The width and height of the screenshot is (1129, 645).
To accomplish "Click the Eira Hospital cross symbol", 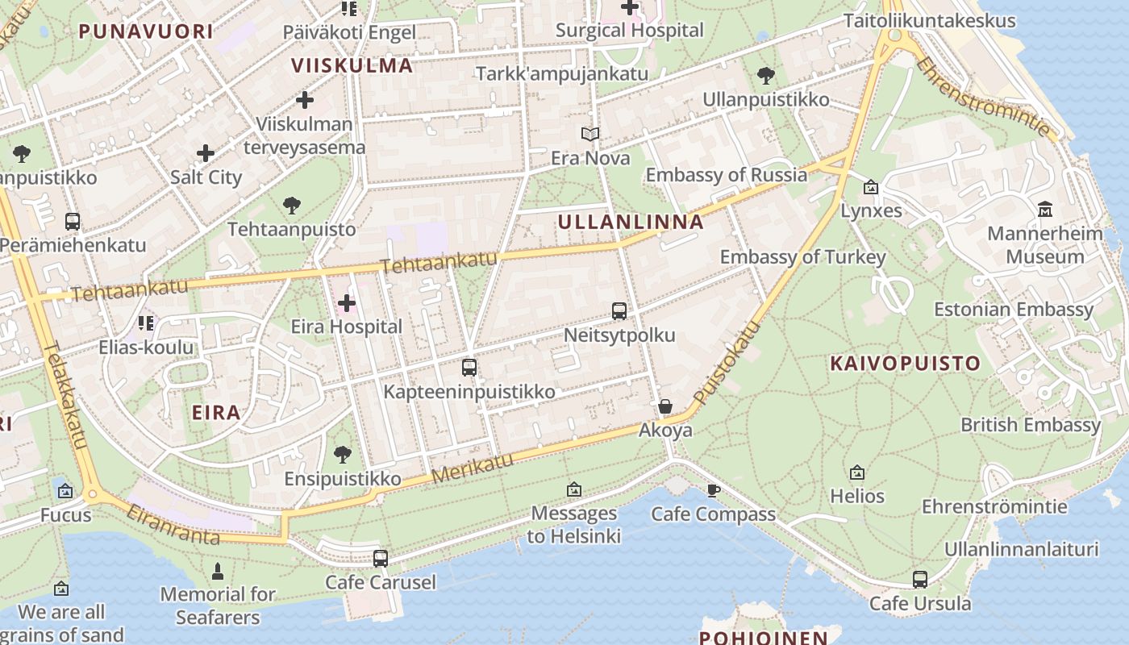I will (347, 304).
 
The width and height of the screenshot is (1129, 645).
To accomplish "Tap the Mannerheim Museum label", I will (1045, 245).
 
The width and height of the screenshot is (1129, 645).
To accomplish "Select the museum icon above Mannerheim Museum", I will (1045, 210).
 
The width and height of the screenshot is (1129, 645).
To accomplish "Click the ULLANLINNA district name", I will (631, 223).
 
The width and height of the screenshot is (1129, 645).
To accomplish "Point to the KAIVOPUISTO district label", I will (905, 364).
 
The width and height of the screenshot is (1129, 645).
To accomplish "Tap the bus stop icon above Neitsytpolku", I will (619, 311).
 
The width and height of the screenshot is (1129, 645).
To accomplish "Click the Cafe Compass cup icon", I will (713, 490).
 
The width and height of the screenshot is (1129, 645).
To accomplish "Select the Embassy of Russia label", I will (726, 175).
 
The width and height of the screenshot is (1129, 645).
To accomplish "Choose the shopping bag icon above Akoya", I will (665, 406).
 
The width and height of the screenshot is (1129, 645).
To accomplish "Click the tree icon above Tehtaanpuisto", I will (291, 206).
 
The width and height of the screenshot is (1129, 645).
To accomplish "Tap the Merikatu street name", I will (473, 468).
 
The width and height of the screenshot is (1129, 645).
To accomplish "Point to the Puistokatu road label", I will (727, 364).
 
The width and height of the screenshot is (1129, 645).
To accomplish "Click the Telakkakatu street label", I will (64, 395).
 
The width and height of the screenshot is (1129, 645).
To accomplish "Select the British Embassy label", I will (1030, 425).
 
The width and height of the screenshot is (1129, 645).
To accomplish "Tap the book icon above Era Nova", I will (590, 135).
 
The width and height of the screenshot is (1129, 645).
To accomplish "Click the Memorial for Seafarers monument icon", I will (217, 572).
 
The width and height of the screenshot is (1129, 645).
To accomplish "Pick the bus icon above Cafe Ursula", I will (919, 580).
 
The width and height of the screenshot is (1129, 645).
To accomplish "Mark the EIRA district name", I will (216, 413).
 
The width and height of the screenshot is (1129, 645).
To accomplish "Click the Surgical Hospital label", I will (630, 31).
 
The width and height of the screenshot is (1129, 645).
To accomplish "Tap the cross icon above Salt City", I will (206, 153).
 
